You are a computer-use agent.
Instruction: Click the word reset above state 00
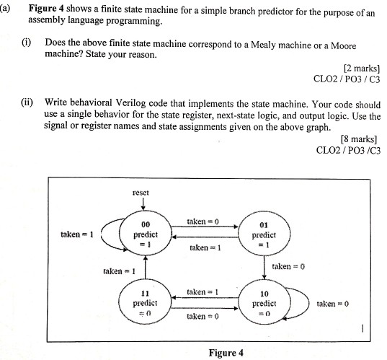click(141, 193)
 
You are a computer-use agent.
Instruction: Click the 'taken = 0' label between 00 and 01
click(203, 220)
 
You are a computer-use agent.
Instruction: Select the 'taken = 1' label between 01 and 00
click(204, 247)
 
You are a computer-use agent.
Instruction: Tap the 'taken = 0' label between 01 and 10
click(288, 266)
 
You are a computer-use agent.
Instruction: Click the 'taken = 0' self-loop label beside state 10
click(332, 304)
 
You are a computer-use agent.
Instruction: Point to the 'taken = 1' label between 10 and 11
click(203, 291)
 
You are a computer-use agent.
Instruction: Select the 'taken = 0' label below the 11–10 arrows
click(203, 316)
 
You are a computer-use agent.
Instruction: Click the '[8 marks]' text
click(358, 139)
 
